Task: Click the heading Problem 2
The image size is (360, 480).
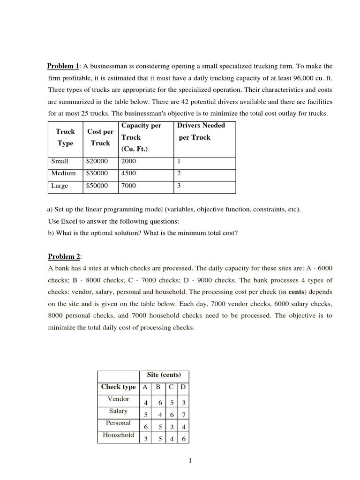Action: tap(64, 256)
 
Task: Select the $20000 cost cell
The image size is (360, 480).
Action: tap(97, 161)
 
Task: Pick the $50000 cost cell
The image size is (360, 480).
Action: tap(97, 186)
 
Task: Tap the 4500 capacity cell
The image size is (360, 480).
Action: tap(128, 173)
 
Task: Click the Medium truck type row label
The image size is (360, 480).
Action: tap(63, 173)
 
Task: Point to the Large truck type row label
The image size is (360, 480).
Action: tap(60, 186)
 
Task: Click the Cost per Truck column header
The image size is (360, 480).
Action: tap(100, 137)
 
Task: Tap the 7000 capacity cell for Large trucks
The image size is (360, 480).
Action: tap(128, 186)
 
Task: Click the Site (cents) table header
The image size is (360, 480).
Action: tap(164, 375)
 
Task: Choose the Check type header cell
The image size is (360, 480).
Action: tap(118, 387)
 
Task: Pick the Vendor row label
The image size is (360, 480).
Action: tap(119, 399)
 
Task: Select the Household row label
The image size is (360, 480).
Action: tap(119, 435)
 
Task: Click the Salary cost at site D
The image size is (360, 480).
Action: tap(183, 415)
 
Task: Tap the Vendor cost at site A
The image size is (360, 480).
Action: tap(146, 403)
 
